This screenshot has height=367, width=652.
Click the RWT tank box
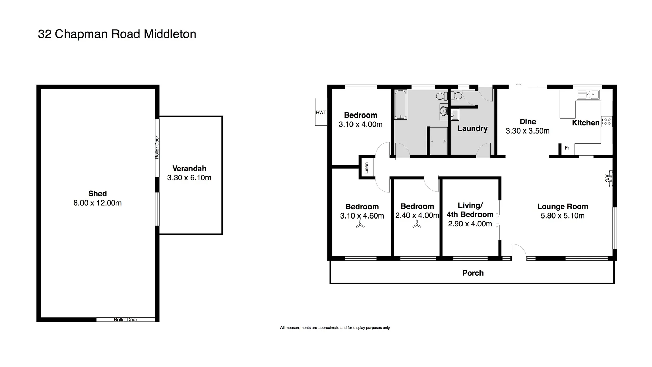[321, 112]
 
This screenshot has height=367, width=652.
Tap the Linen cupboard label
[366, 168]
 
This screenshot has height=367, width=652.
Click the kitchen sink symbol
[588, 94]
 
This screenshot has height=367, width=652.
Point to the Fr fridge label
[567, 148]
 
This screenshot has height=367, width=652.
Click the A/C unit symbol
[609, 178]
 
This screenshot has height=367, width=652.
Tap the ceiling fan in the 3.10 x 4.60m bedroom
[360, 224]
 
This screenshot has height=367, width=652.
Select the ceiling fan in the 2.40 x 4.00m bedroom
[417, 224]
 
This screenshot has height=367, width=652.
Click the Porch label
[473, 273]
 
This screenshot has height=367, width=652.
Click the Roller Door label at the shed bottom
[126, 320]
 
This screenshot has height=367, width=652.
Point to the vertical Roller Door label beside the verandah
[157, 147]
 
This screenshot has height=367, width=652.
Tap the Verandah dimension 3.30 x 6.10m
[189, 178]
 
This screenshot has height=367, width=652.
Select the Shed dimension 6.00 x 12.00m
[97, 203]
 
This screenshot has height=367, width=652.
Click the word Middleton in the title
[170, 34]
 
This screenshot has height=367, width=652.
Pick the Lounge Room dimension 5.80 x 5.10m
[562, 216]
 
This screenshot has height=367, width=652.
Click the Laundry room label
[472, 128]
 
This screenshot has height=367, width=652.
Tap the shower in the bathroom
[438, 141]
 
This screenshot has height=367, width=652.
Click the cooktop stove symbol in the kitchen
[607, 122]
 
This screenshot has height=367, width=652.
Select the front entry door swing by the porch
[519, 252]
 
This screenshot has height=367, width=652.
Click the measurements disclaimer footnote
[335, 328]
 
